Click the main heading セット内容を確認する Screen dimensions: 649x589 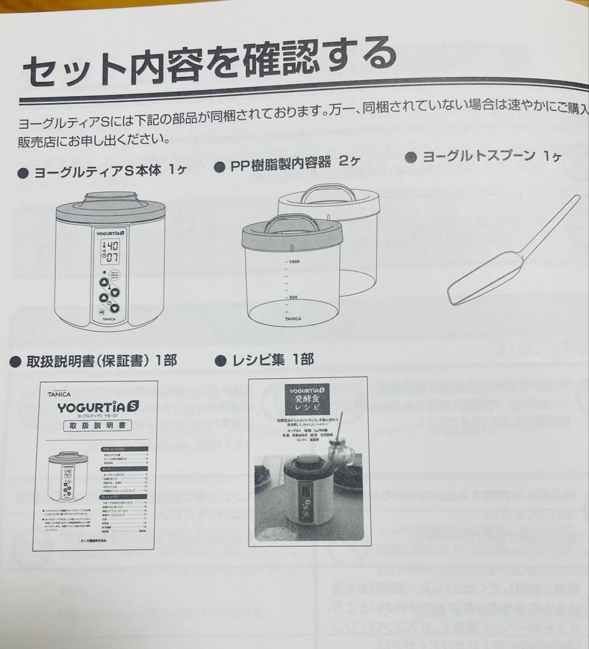coord(208,64)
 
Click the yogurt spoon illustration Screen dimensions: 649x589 coord(511,252)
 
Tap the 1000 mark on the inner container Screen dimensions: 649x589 coord(294,261)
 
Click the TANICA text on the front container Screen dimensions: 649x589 coord(293,318)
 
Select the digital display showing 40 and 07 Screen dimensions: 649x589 coord(110,251)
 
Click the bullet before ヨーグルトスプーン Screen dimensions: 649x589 coord(412,157)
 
